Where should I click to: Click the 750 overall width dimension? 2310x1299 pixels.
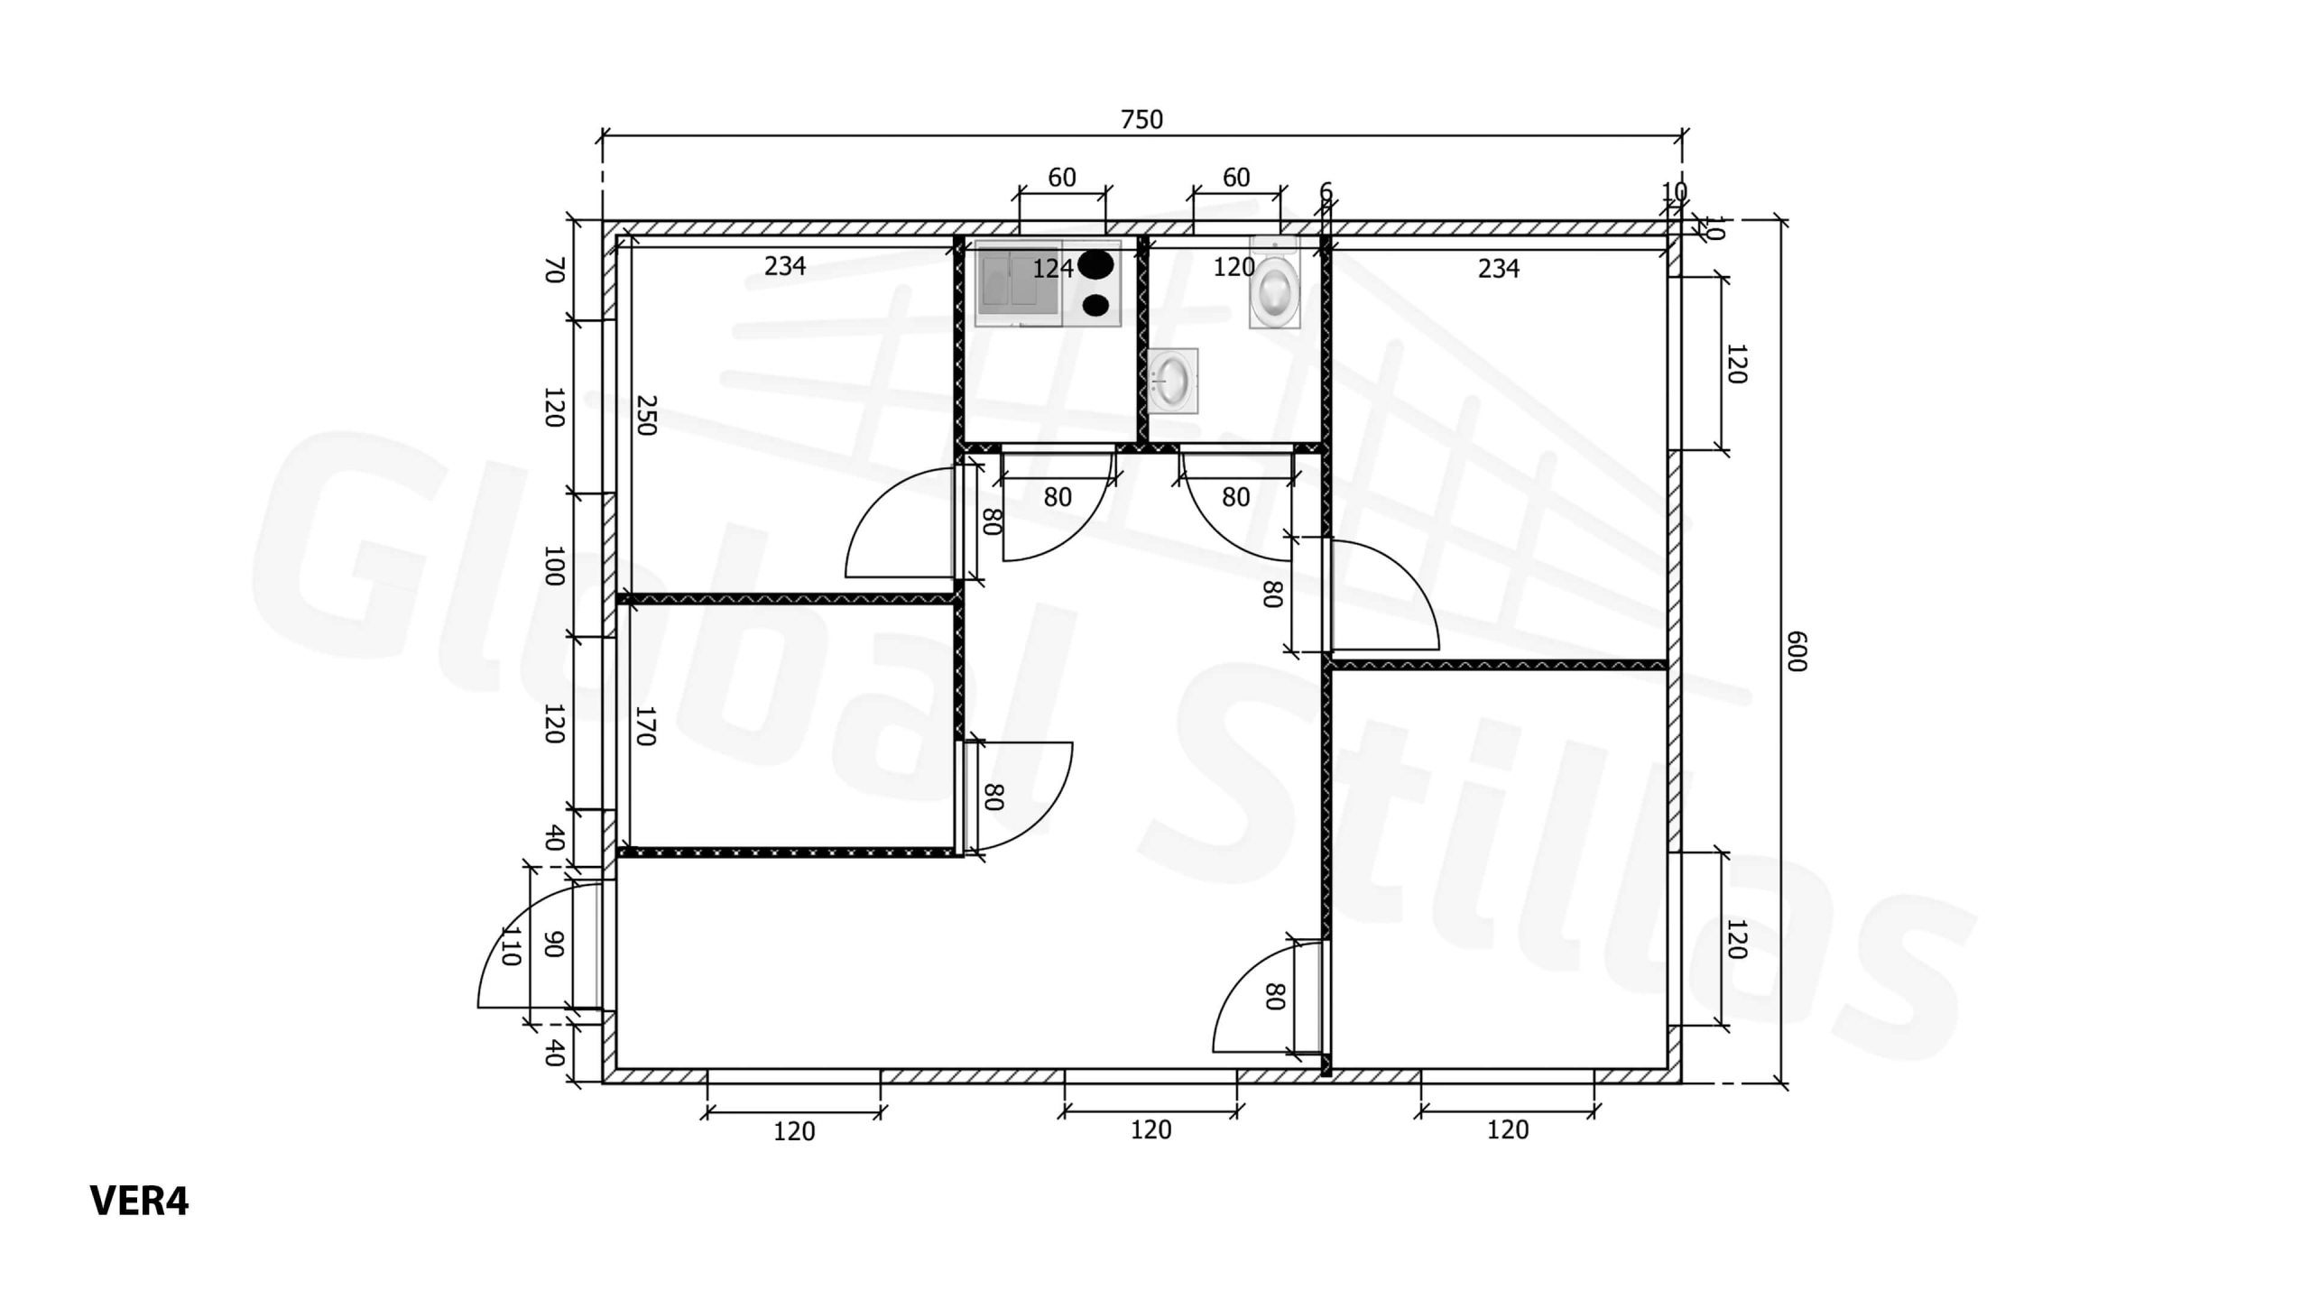pos(1141,119)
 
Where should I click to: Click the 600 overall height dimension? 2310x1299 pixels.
pos(1797,651)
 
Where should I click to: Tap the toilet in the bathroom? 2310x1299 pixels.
pos(1274,281)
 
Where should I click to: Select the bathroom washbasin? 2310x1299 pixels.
pos(1172,381)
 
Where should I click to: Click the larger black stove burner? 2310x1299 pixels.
pos(1095,264)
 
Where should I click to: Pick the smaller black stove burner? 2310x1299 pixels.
pos(1095,305)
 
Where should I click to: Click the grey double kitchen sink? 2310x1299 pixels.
pos(1018,282)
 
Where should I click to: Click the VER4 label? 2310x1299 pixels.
pos(139,1201)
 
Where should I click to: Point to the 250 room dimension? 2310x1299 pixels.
pos(646,415)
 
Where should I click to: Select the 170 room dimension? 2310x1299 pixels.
pos(644,726)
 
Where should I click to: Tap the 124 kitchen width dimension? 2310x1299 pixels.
pos(1053,268)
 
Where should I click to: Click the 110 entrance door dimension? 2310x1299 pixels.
pos(511,944)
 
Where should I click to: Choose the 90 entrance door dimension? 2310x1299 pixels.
pos(554,944)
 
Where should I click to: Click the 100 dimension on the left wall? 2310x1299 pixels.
pos(554,566)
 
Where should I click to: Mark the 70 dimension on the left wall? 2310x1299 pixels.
pos(554,270)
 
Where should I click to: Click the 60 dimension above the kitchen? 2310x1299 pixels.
pos(1062,177)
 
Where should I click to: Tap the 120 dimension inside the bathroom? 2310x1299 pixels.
pos(1233,267)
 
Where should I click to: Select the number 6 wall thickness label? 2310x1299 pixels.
pos(1326,191)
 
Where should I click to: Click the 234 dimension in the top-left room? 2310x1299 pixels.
pos(785,266)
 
